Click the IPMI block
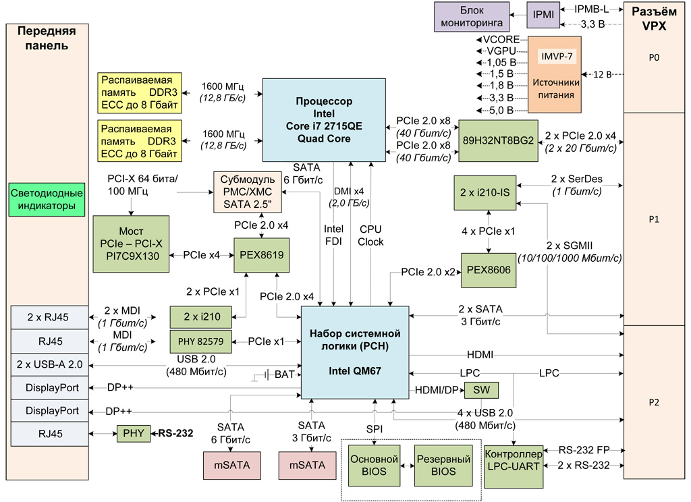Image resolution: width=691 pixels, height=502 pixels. [543, 15]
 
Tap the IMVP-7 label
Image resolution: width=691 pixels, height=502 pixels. [556, 56]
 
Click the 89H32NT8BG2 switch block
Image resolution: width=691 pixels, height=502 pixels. [498, 140]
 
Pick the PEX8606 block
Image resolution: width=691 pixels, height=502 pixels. [489, 270]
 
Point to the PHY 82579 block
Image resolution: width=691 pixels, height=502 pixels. [200, 342]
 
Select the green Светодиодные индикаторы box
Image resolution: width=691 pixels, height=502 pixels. [47, 200]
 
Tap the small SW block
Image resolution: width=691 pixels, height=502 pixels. [481, 390]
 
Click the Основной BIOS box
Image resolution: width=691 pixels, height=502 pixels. [374, 465]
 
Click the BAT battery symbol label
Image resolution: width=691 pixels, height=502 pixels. [284, 374]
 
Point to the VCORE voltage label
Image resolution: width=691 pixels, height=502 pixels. [501, 40]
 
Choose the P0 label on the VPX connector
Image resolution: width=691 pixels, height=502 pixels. [653, 58]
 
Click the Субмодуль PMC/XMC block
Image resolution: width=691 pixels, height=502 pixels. [248, 190]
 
